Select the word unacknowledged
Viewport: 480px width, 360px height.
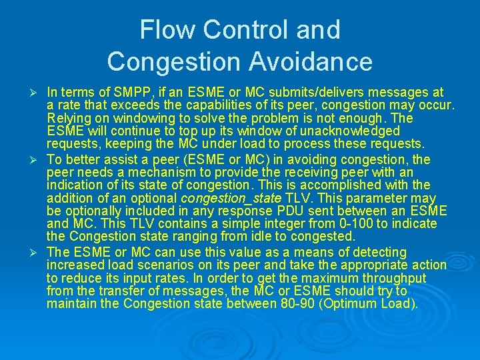(345, 131)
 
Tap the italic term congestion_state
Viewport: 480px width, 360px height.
(232, 198)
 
